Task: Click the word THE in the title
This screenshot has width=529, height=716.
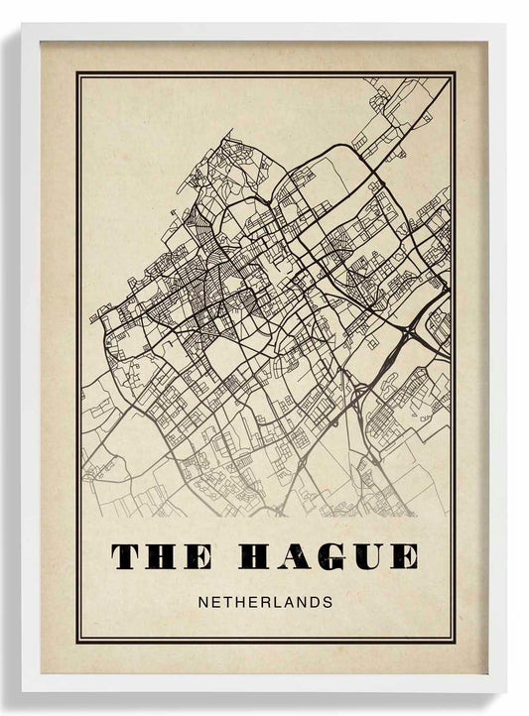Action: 161,556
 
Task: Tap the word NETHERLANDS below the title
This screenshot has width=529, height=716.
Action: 265,601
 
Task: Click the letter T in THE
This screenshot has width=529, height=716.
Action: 126,556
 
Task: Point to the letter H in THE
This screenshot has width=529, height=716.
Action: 161,556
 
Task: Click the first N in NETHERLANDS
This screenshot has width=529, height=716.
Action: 203,601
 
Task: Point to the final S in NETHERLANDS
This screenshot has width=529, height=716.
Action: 328,601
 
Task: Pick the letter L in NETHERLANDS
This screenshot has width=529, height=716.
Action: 276,601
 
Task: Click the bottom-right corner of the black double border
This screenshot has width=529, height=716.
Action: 454,641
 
